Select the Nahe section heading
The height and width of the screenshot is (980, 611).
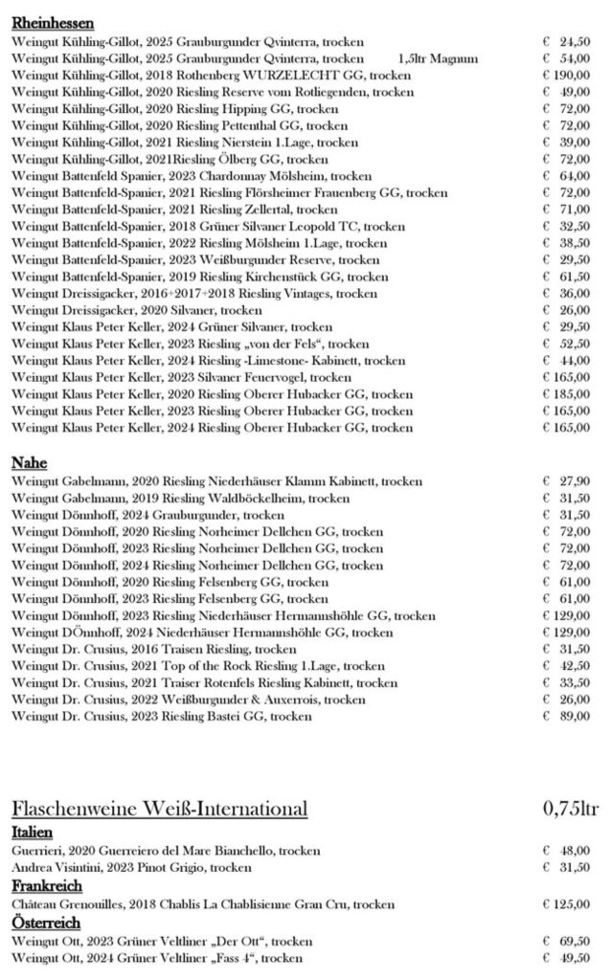tap(30, 463)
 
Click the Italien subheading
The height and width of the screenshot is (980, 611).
tap(32, 832)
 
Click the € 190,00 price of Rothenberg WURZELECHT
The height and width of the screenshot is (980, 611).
tap(565, 75)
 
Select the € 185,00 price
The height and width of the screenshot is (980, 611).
tap(565, 393)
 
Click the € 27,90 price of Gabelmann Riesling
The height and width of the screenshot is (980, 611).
tap(565, 481)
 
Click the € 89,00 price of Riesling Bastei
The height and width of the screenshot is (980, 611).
tap(565, 716)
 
